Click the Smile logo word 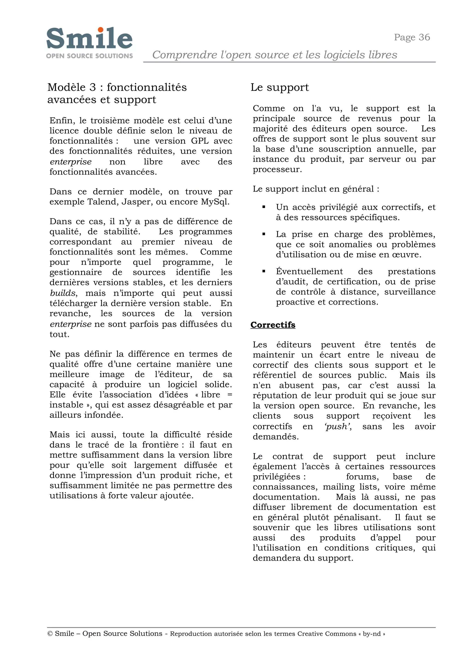(89, 39)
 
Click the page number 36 (424, 38)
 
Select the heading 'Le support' (280, 87)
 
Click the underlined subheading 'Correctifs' (273, 325)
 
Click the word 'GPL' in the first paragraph (200, 141)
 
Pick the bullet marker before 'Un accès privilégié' (264, 207)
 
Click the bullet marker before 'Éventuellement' (264, 271)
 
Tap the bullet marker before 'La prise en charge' (264, 234)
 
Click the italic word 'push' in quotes (337, 427)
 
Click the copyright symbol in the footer (50, 634)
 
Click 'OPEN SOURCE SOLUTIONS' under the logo (89, 56)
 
